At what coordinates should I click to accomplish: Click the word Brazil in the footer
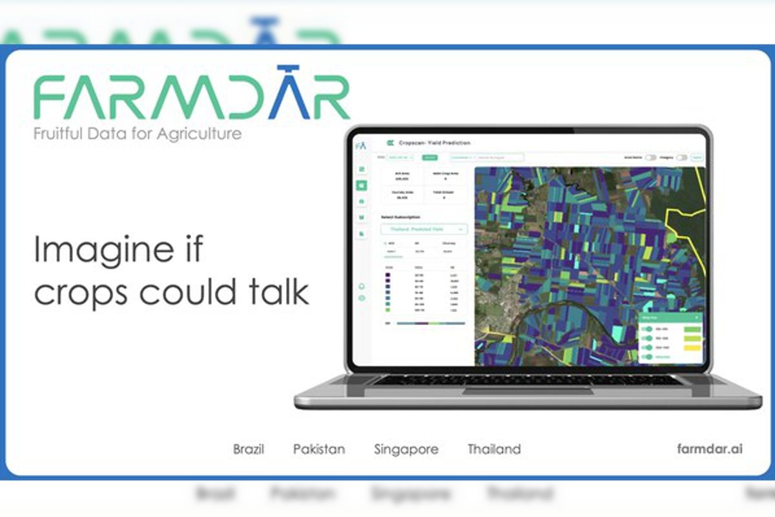[x=249, y=449]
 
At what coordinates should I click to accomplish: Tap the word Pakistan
[x=319, y=449]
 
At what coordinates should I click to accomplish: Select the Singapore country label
[x=406, y=449]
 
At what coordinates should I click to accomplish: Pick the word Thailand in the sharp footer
[x=494, y=449]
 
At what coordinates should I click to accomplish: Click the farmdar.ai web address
[x=710, y=448]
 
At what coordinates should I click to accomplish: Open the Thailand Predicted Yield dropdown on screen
[x=424, y=229]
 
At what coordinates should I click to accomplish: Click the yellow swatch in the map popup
[x=692, y=347]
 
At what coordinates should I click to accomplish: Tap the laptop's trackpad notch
[x=528, y=390]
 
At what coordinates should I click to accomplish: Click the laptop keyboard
[x=527, y=380]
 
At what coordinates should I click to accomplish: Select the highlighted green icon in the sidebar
[x=362, y=185]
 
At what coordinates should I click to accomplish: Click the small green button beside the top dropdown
[x=430, y=157]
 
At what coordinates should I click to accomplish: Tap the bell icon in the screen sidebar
[x=362, y=286]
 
